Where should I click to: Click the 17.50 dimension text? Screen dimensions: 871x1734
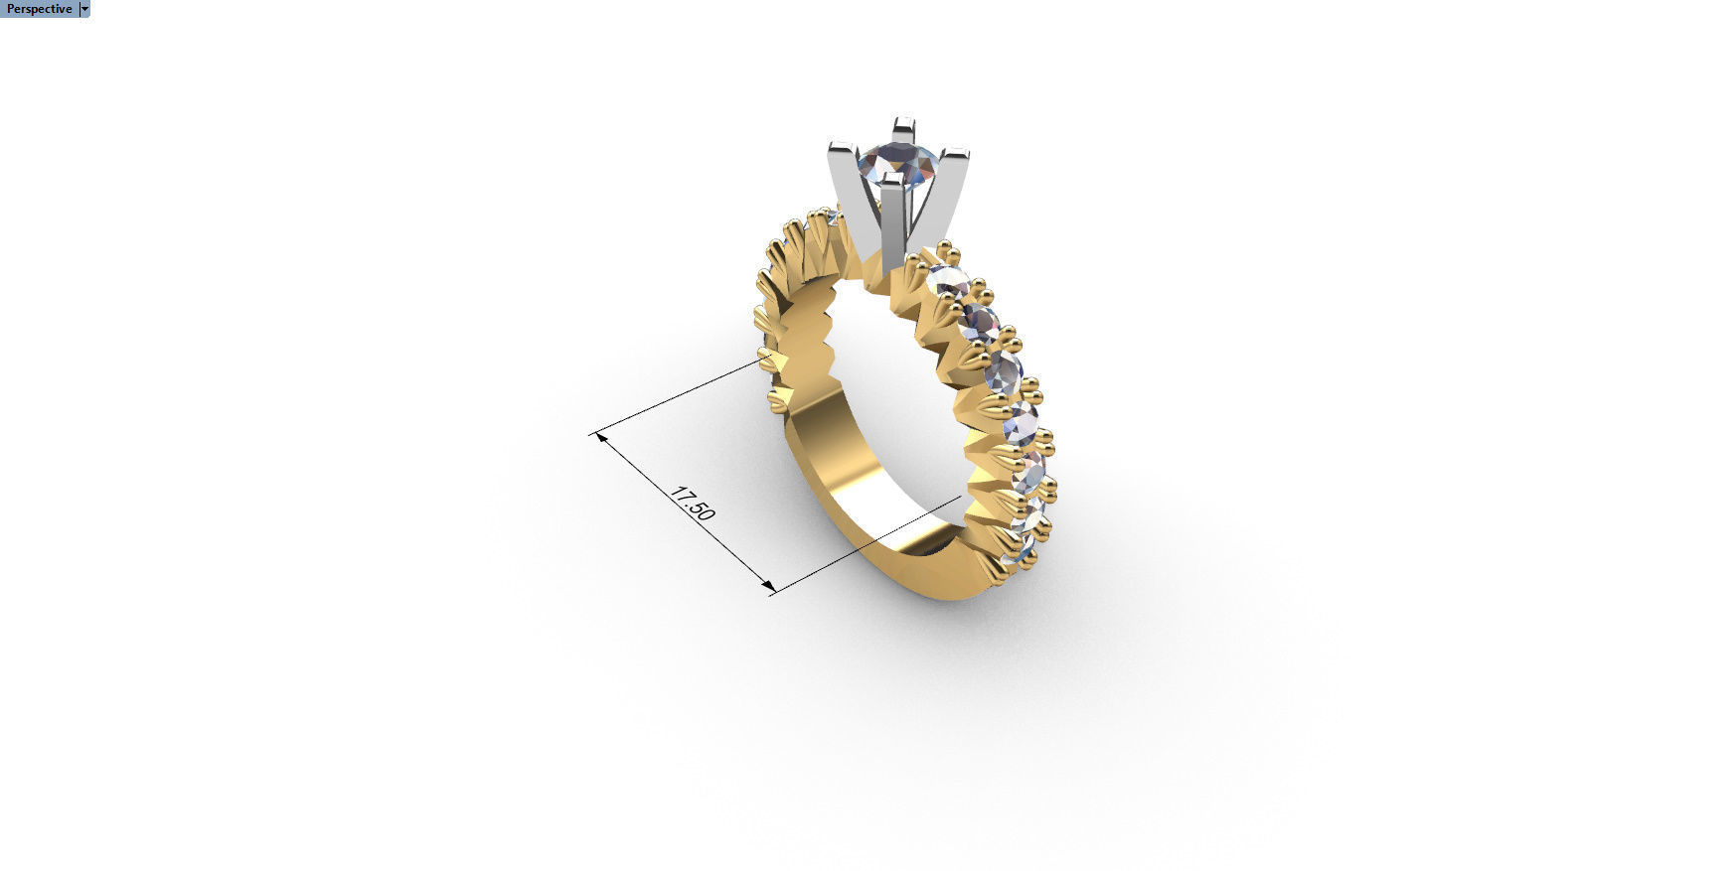click(x=693, y=504)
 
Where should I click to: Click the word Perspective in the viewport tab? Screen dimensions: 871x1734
click(x=39, y=9)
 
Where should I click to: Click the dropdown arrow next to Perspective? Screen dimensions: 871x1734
click(x=84, y=9)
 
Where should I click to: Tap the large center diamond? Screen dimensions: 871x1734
click(x=897, y=161)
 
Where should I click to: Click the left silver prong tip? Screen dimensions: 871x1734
click(x=841, y=149)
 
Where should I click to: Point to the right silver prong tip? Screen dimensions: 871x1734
click(x=954, y=155)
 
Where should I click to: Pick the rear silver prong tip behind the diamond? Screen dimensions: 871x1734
click(x=903, y=125)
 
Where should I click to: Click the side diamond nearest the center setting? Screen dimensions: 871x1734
click(x=948, y=281)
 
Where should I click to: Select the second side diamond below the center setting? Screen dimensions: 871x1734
click(x=979, y=322)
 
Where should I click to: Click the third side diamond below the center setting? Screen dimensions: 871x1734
click(x=1003, y=373)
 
